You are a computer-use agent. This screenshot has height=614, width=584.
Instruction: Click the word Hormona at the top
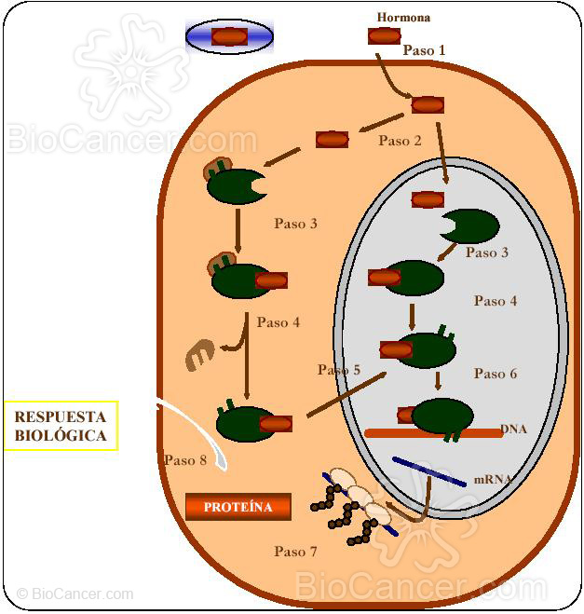403,17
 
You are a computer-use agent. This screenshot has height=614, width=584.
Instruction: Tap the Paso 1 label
424,50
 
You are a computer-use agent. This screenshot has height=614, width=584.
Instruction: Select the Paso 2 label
400,141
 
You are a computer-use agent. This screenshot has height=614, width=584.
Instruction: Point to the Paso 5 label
338,370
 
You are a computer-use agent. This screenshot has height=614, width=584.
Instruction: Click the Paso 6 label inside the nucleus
495,374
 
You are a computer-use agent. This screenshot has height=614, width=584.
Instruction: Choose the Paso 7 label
295,552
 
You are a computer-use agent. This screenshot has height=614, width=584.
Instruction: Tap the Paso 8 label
184,460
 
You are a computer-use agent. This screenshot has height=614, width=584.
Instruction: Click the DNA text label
514,430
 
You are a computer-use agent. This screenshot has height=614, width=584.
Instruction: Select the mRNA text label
492,479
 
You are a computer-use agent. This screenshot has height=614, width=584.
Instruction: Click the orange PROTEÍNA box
238,507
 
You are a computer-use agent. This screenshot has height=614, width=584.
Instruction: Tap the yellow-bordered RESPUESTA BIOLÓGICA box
61,426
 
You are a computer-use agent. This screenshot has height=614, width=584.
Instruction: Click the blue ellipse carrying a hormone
229,36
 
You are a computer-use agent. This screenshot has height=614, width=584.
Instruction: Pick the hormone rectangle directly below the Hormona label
384,36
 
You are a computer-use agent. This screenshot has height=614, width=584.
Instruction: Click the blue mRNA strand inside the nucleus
428,471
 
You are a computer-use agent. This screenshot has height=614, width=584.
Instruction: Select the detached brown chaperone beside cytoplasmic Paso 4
199,355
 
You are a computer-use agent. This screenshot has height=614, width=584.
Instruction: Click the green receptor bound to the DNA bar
442,416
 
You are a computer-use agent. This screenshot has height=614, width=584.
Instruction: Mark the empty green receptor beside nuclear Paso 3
471,225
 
